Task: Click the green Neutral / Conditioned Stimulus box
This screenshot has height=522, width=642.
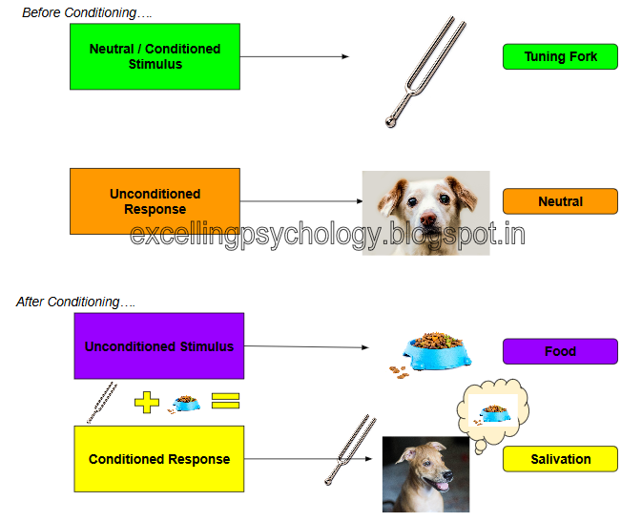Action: tap(155, 56)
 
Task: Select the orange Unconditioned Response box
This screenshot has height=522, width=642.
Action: tap(155, 200)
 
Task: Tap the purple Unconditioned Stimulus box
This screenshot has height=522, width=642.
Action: tap(158, 345)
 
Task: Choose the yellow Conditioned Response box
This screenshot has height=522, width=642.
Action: tap(158, 459)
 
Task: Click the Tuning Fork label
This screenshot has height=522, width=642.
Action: tap(560, 56)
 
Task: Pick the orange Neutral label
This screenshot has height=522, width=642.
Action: tap(560, 201)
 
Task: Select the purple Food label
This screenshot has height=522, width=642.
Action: tap(560, 351)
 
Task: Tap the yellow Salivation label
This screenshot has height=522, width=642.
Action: tap(560, 459)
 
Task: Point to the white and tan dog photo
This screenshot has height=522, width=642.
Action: tap(425, 211)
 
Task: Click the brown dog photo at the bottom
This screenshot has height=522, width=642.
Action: tap(425, 474)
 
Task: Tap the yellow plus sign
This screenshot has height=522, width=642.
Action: tap(147, 401)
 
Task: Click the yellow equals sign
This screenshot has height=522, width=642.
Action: tap(224, 401)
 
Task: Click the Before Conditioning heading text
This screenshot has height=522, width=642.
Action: tap(87, 12)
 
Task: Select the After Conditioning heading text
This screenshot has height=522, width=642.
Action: tap(75, 302)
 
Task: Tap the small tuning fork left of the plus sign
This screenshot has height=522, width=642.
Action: tap(102, 402)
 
